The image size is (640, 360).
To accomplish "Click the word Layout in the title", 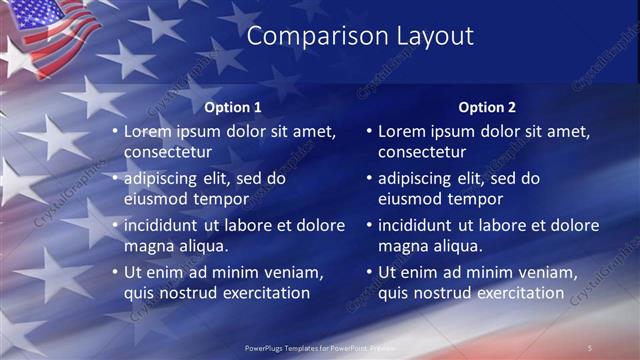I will [427, 37].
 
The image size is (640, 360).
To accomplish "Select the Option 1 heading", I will [233, 107].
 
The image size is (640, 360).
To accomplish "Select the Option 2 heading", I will [487, 107].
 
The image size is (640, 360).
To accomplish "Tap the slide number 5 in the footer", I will [590, 347].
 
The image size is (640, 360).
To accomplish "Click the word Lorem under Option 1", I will [149, 131].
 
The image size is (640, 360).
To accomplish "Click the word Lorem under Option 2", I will [403, 131].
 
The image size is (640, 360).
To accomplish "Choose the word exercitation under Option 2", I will [518, 293].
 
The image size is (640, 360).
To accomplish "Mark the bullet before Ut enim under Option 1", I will [115, 272].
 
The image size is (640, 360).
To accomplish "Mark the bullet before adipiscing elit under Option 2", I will [369, 178].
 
